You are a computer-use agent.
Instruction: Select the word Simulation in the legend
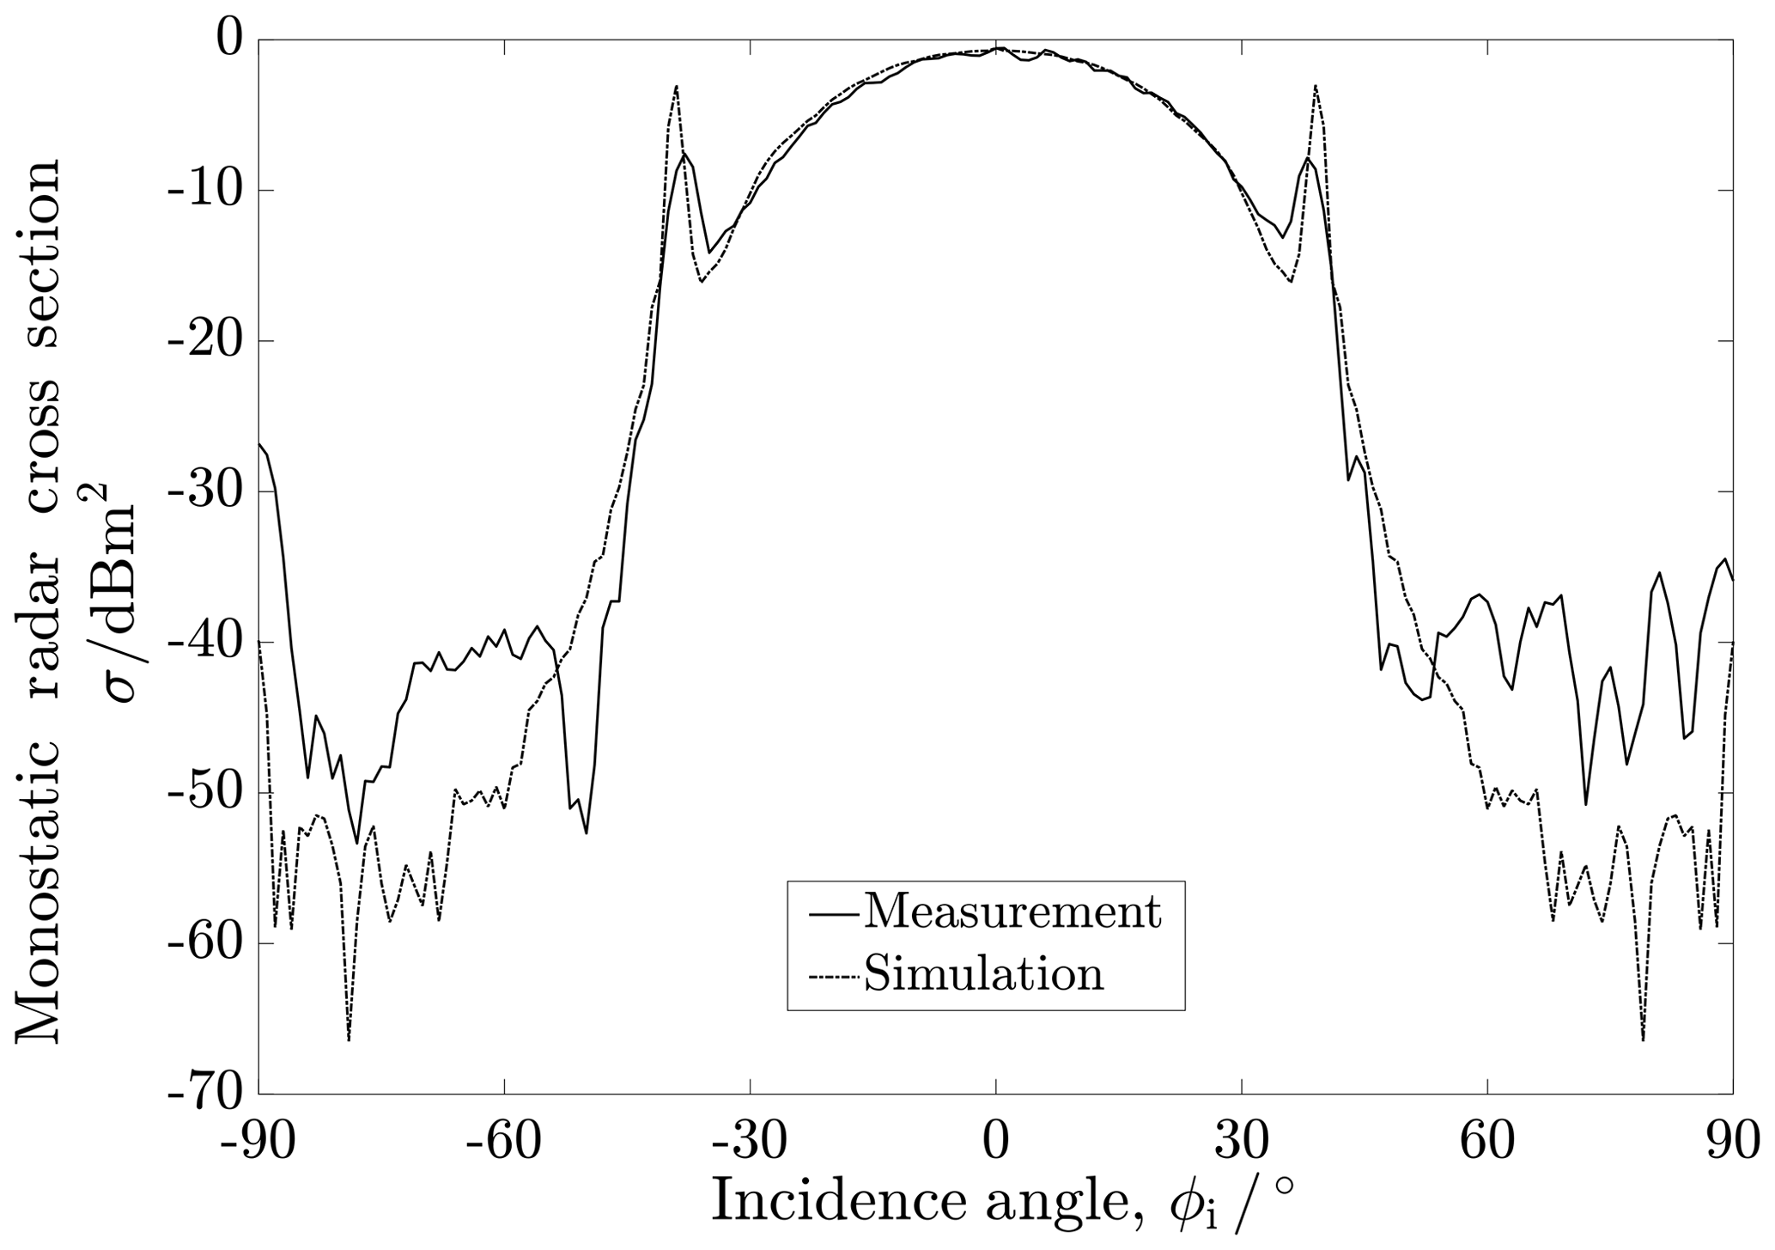[x=983, y=973]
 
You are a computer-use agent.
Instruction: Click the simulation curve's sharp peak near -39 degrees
[x=677, y=86]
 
